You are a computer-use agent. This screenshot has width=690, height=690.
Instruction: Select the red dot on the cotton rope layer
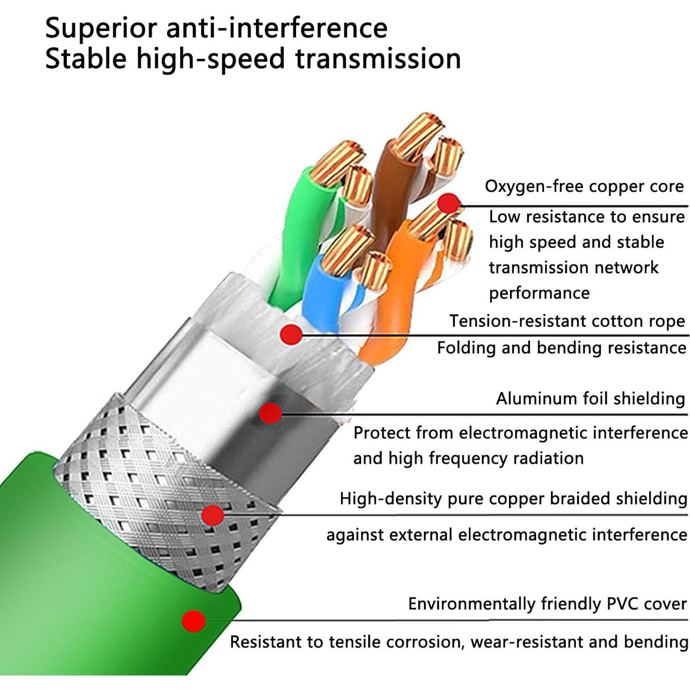291,334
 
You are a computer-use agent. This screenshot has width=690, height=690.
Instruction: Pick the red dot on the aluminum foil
270,413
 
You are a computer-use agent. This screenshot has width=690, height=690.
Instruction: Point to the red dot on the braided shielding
213,515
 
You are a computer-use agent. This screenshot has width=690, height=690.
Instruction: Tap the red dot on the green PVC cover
194,620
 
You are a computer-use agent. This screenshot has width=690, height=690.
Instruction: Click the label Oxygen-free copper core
584,187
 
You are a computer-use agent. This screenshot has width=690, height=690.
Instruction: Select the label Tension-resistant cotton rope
567,321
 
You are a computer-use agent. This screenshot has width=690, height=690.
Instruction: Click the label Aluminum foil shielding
590,399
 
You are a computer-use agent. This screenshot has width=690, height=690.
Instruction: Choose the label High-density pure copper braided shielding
513,499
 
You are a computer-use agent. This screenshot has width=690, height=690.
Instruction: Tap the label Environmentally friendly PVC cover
547,604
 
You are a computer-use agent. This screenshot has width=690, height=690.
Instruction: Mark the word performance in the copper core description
539,294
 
